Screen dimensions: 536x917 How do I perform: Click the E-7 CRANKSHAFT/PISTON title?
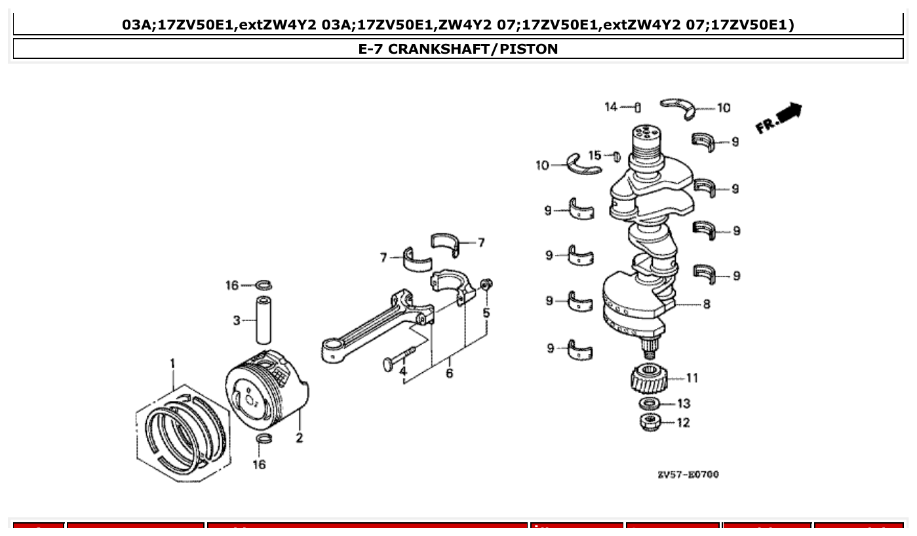coord(458,49)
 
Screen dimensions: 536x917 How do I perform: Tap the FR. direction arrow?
coord(779,119)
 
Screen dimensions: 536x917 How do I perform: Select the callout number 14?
coord(611,107)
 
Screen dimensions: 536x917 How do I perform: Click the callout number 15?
coord(595,155)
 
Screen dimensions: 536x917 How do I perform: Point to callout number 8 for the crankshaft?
coord(706,304)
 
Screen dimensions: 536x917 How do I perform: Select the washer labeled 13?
coord(649,403)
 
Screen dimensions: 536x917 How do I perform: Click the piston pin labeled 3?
coord(263,320)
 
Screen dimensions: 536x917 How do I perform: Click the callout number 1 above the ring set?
coord(173,364)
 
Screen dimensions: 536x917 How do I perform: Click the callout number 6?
coord(449,373)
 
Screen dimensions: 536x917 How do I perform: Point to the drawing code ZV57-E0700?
coord(688,474)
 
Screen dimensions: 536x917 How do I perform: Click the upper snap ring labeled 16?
coord(264,285)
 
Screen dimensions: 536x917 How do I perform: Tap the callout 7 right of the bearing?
coord(480,243)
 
